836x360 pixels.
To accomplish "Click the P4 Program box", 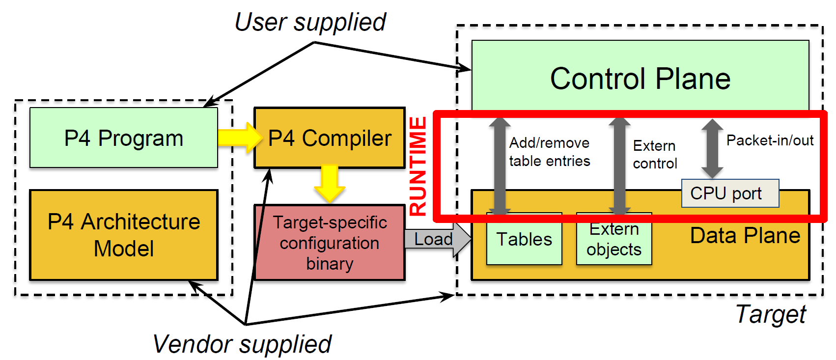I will point(123,138).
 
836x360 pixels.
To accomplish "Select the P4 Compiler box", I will point(330,138).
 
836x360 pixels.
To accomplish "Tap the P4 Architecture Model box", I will point(123,235).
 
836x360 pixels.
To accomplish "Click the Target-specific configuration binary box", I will point(330,243).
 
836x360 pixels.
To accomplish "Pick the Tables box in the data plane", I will point(524,239).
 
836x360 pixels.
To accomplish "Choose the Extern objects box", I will point(614,240).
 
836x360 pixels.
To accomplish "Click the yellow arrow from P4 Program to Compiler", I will point(239,138).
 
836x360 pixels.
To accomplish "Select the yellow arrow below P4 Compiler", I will point(329,183).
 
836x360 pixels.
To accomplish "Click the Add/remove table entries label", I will point(550,152).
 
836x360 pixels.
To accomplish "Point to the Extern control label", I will point(655,154).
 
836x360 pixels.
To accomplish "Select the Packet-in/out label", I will point(770,140).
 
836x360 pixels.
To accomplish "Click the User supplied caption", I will point(310,22).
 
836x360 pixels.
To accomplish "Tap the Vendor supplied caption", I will point(242,344).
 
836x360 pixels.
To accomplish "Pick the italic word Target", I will point(771,314).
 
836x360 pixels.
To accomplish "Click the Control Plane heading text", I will point(640,79).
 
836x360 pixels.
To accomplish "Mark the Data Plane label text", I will point(745,236).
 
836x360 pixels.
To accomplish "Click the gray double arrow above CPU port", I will point(712,148).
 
